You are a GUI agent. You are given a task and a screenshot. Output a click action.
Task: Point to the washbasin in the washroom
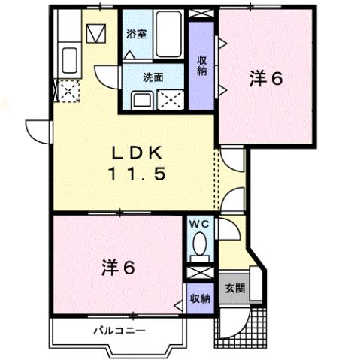coord(141,99)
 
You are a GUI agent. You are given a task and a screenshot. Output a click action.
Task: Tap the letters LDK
coord(138,152)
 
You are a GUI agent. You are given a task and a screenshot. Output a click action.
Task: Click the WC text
coord(198,224)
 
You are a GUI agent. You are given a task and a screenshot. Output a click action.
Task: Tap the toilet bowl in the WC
coord(199,244)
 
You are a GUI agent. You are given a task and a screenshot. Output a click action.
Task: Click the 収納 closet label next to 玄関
coord(201,298)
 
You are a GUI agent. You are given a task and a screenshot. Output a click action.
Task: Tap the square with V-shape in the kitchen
coord(95,34)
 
